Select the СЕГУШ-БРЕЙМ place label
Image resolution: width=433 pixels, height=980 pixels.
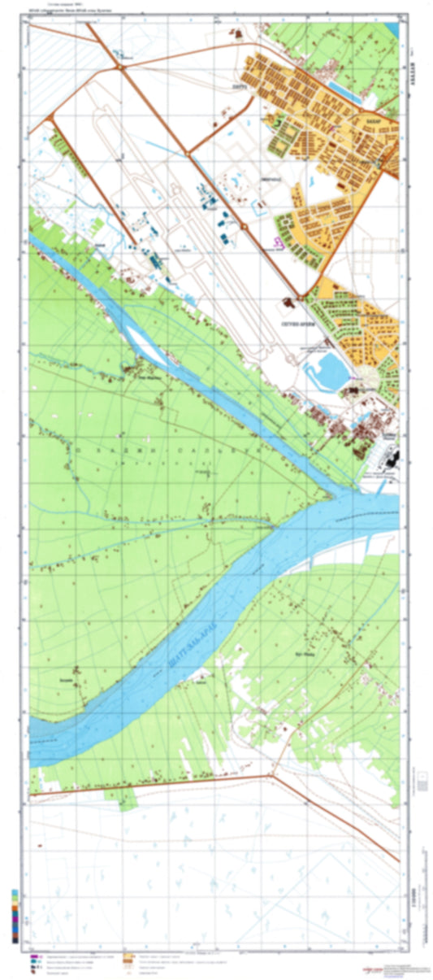[x=296, y=324]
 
